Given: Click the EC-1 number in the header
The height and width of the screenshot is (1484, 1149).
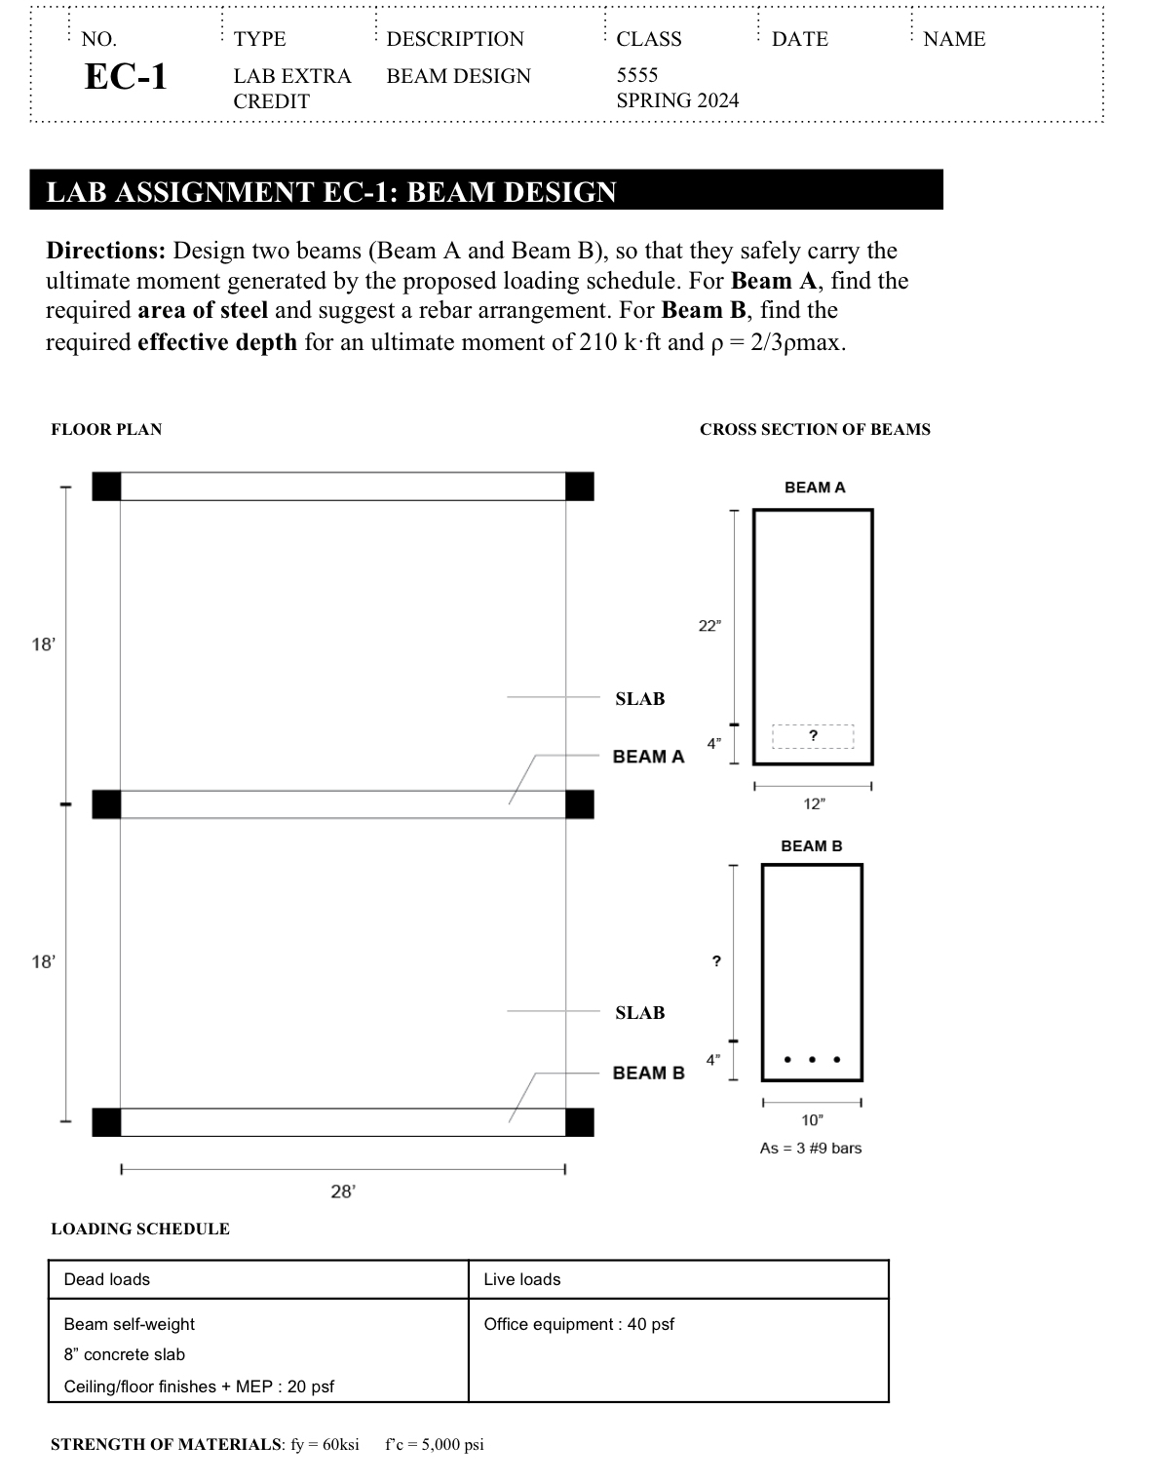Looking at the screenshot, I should coord(126,76).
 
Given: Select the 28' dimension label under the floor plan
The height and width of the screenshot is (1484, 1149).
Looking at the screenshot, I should coord(343,1191).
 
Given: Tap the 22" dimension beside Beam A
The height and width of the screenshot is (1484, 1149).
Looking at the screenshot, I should coord(709,626).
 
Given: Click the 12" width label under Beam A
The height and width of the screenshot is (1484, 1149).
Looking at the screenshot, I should coord(813,804).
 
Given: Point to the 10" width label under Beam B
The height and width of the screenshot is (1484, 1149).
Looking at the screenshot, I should coord(812,1120).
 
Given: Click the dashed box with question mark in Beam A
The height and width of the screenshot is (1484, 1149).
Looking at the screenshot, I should coord(813,736).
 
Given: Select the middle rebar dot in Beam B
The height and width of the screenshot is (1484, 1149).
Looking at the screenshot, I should coord(812,1059).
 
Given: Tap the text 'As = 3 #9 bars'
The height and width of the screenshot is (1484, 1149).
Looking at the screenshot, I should coord(811,1148).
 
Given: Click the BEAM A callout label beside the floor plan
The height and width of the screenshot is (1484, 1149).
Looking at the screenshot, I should coord(648,757).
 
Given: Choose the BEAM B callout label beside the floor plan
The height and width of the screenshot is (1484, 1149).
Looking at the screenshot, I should coord(648,1073).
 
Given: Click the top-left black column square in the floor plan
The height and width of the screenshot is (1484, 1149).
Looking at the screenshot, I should coord(106,486).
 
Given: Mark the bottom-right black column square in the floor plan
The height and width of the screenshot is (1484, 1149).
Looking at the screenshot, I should coord(580,1122).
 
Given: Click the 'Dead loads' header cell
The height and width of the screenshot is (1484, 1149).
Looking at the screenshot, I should coord(107,1279).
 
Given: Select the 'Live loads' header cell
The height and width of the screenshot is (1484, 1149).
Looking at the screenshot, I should coord(522,1279).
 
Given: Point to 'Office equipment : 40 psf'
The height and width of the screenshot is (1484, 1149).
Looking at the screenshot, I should coord(579,1324).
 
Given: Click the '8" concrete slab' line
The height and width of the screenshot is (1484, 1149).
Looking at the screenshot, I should coord(124,1354).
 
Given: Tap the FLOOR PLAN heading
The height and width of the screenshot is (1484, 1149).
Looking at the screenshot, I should coord(106,429).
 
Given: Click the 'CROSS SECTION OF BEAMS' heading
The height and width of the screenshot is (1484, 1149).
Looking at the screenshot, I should coord(815,429).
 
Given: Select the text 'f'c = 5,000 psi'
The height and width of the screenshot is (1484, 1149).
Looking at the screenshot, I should coord(435,1444).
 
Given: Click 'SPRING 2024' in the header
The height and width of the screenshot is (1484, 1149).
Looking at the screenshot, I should coord(677,100).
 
